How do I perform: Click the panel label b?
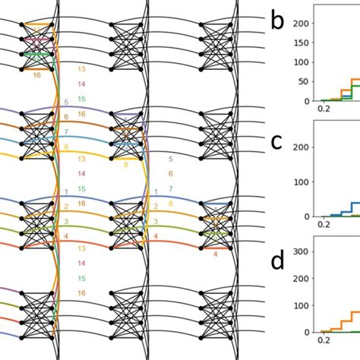(278, 22)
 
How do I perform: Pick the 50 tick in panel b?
(305, 82)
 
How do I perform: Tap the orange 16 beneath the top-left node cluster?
(36, 75)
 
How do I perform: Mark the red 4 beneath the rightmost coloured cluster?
(215, 254)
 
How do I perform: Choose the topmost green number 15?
(81, 99)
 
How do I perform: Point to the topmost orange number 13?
(81, 70)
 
